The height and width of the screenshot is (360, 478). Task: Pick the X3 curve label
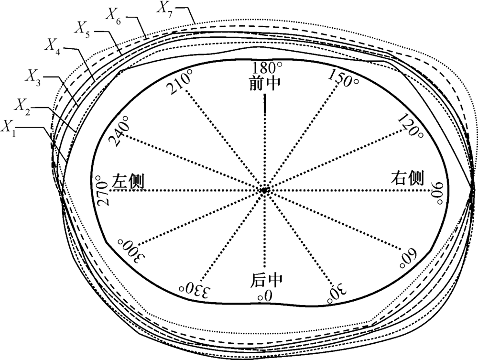(34, 76)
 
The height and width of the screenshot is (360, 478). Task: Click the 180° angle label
(266, 67)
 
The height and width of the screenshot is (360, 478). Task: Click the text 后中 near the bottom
(264, 279)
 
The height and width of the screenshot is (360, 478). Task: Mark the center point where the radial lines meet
(263, 190)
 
